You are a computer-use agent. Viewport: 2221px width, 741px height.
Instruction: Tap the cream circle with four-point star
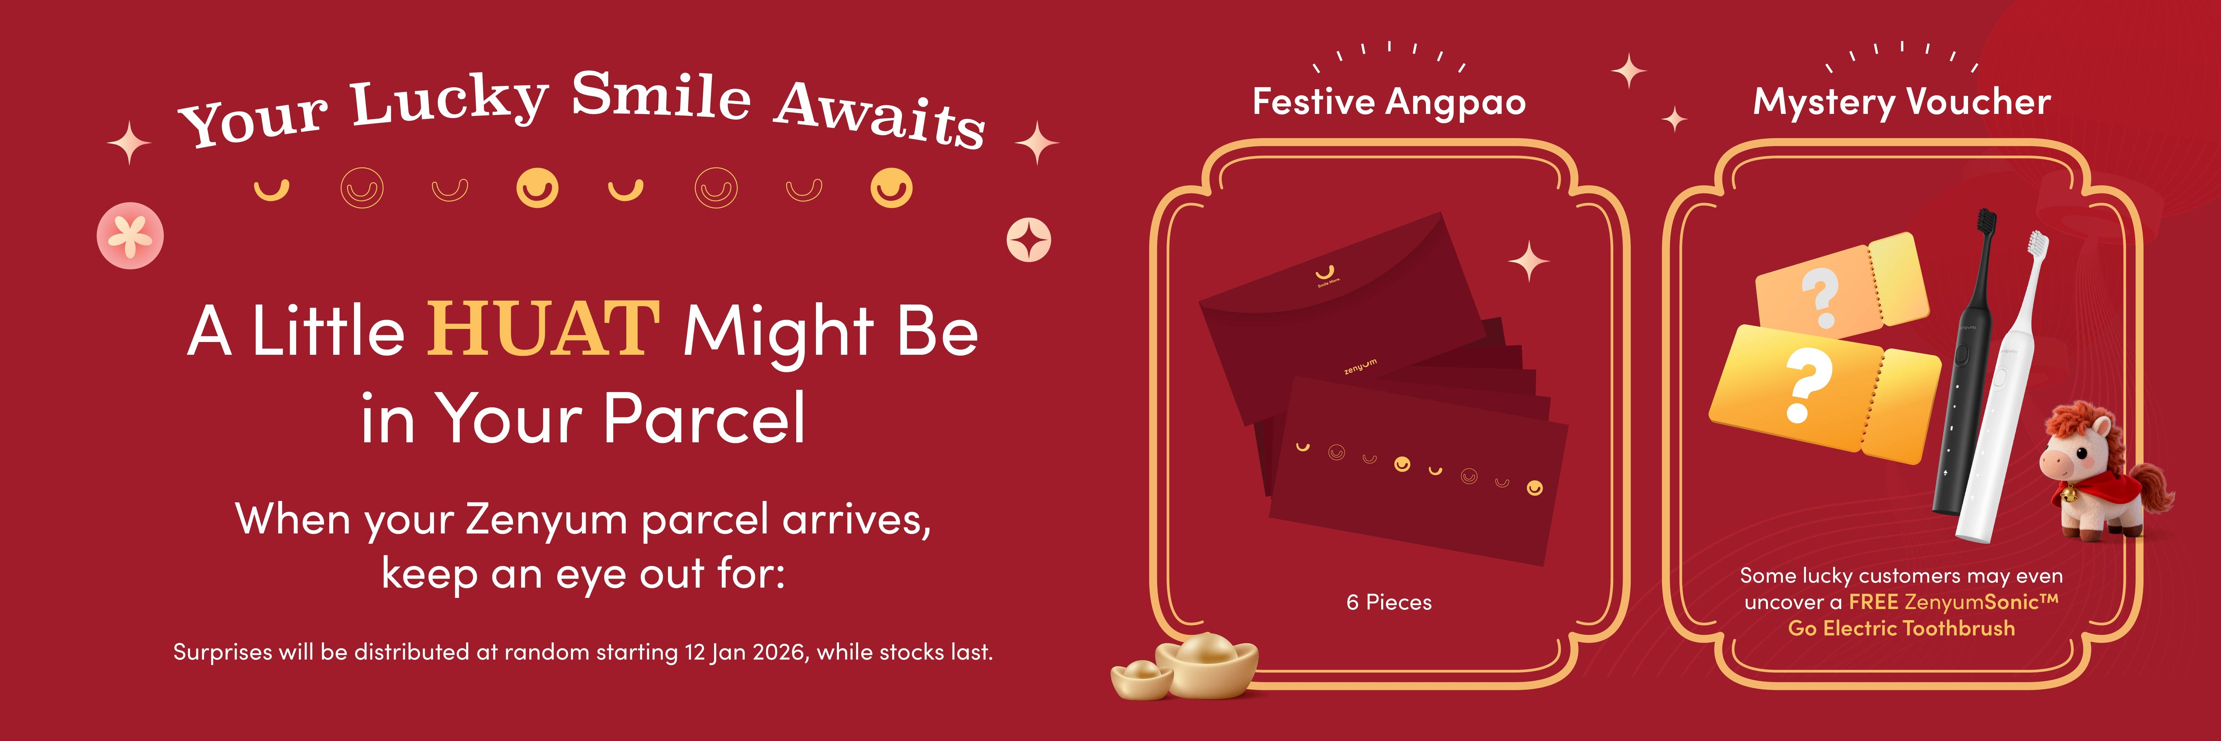(1029, 240)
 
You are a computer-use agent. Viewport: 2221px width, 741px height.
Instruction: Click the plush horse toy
(2104, 474)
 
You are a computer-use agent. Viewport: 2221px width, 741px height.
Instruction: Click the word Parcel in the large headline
(704, 418)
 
